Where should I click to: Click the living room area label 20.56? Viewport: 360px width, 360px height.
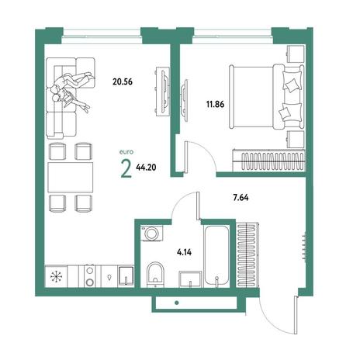pos(123,81)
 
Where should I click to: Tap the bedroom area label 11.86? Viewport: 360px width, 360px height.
pos(215,105)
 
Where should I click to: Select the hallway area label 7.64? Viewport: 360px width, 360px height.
pos(241,198)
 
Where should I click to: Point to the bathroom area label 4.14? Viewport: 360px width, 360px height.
pos(184,252)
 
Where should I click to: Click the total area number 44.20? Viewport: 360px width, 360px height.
pos(146,168)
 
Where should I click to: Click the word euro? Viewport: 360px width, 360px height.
pos(126,152)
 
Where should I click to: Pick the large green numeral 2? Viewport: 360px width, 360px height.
pos(126,169)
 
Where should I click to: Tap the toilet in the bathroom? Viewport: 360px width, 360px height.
pos(155,275)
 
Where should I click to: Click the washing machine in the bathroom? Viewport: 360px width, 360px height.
pos(151,234)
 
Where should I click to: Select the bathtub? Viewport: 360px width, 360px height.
pos(216,256)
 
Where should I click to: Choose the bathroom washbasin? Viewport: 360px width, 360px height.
pos(190,279)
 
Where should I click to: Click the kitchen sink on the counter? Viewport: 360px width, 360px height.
pos(126,276)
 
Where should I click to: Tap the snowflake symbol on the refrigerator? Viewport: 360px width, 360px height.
pos(56,277)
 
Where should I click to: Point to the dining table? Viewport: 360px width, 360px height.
pos(71,178)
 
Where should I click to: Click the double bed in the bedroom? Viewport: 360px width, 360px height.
pos(266,97)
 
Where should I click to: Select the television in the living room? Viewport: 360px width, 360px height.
pos(164,90)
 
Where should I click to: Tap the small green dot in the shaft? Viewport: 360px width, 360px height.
pos(177,303)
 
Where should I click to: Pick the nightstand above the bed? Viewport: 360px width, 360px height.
pos(296,54)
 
